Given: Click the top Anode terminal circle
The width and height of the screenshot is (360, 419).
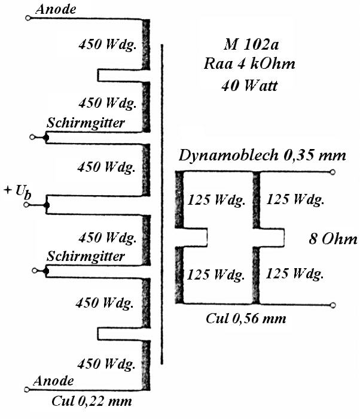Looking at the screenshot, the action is (28, 18).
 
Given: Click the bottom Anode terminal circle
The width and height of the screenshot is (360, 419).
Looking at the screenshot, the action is (27, 389).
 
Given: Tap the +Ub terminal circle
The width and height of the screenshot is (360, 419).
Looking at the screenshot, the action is (26, 205).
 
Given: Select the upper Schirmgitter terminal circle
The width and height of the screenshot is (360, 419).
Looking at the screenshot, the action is (32, 137).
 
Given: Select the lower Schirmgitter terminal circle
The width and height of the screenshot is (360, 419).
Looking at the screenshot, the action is (34, 271).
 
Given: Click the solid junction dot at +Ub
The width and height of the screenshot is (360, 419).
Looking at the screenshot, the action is (47, 205).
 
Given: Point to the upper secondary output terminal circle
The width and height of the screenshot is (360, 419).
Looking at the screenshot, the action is (332, 172).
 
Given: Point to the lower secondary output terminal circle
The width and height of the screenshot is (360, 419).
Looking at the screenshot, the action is (332, 305).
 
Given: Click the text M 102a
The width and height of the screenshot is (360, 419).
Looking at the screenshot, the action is (251, 44).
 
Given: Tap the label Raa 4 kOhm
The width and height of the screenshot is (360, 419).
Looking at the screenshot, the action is (249, 64).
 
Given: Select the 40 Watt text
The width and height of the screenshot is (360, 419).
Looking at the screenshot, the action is (249, 86).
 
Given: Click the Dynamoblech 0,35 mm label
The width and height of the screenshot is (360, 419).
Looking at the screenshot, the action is (263, 155).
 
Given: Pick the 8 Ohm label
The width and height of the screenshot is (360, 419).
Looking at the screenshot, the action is (333, 239).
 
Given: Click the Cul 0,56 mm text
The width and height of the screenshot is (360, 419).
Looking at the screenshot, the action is (246, 318).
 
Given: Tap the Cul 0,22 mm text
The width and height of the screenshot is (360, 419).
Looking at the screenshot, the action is (91, 401).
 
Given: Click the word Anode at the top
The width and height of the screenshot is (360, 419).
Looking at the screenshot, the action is (56, 9).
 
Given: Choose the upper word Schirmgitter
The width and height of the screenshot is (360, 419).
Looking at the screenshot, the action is (86, 123).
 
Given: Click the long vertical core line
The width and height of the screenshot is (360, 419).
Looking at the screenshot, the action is (162, 205).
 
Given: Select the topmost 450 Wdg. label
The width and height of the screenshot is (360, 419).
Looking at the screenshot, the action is (108, 44).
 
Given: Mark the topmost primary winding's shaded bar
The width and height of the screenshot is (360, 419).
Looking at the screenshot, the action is (146, 44).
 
